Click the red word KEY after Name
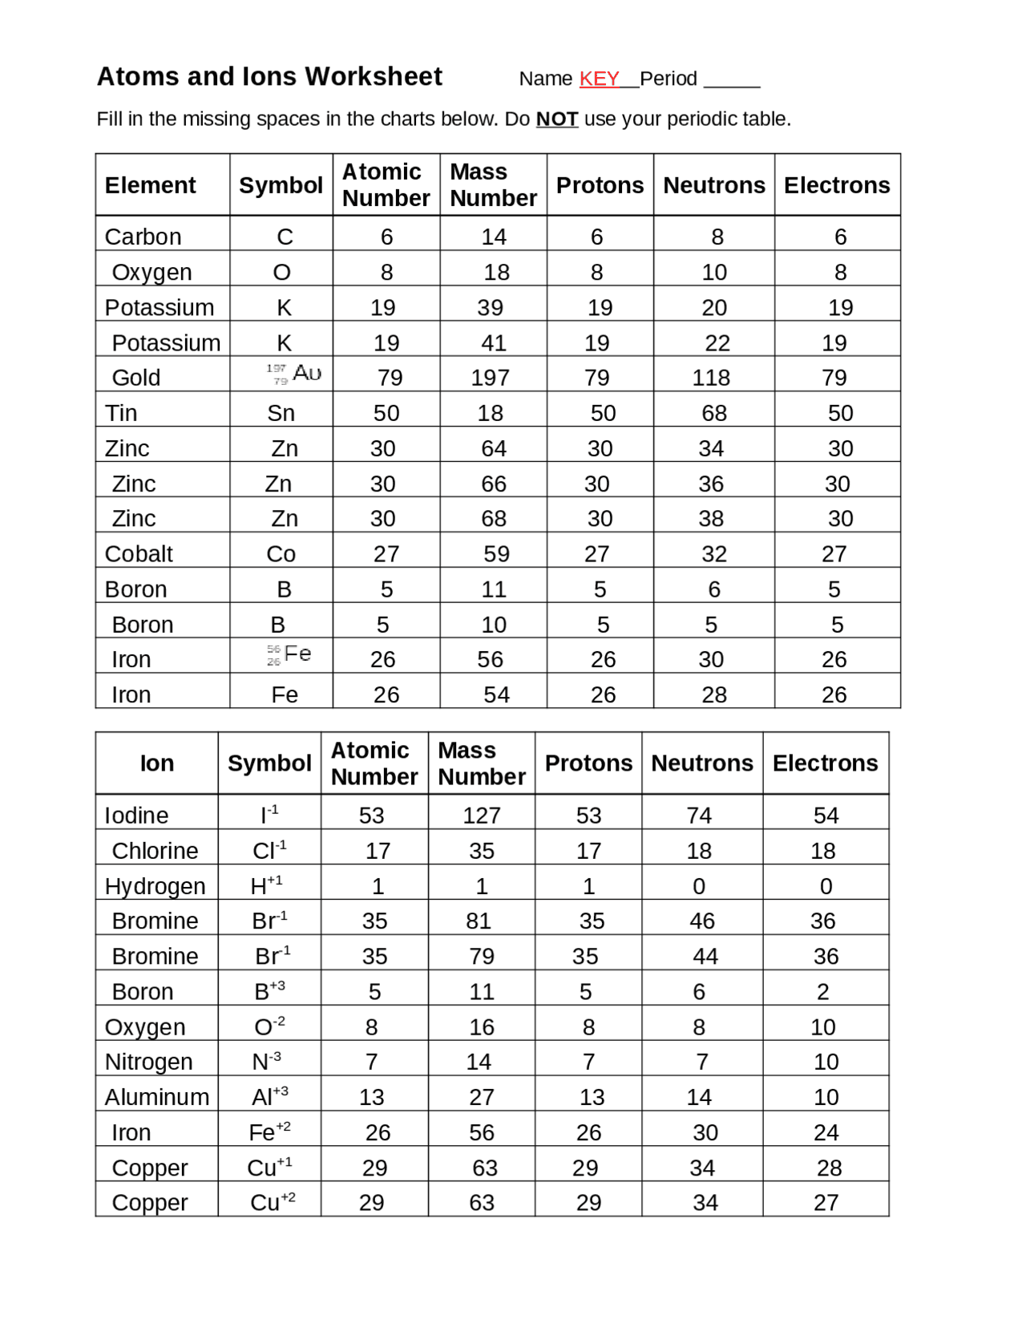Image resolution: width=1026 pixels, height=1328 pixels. (x=599, y=79)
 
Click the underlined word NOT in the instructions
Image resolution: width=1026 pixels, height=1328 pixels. (x=556, y=119)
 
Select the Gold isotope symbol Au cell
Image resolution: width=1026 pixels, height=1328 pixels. (x=294, y=374)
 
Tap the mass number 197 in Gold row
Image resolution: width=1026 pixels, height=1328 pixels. (x=490, y=378)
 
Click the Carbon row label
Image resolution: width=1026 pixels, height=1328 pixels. (x=143, y=237)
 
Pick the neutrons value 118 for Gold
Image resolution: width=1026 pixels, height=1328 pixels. (x=711, y=378)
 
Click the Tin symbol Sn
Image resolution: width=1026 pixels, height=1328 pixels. (x=281, y=413)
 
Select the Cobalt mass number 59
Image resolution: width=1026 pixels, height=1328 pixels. (x=496, y=554)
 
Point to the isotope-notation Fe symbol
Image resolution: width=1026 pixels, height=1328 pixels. (x=289, y=655)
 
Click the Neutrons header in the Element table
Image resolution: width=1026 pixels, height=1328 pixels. (x=713, y=185)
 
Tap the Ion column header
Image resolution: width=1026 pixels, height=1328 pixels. (x=156, y=763)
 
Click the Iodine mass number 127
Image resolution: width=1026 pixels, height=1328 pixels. (x=481, y=816)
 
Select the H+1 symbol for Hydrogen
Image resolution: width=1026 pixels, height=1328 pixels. (x=266, y=885)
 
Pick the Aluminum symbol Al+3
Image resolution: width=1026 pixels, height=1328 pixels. (x=270, y=1096)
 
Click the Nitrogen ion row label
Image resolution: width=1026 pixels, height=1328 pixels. (x=148, y=1062)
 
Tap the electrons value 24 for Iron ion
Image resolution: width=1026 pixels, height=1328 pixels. (x=826, y=1132)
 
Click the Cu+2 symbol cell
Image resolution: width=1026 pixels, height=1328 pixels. (x=273, y=1202)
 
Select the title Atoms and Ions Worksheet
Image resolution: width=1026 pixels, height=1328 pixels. (x=269, y=76)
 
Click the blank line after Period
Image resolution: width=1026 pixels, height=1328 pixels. (x=731, y=80)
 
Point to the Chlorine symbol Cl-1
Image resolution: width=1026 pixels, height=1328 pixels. (x=269, y=850)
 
